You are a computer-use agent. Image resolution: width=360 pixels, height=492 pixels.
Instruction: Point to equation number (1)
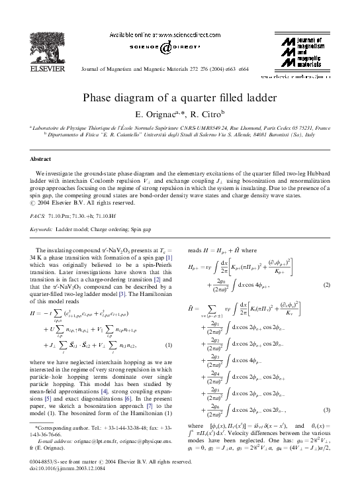(169, 345)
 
